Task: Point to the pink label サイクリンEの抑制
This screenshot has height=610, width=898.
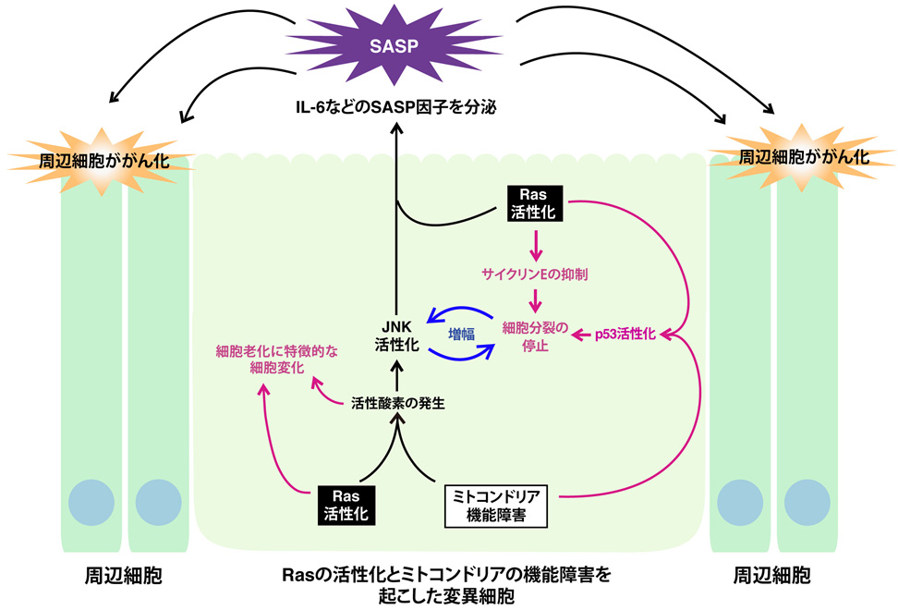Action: (x=535, y=274)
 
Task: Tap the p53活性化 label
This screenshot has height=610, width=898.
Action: (x=625, y=335)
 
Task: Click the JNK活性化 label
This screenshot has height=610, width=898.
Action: (x=396, y=335)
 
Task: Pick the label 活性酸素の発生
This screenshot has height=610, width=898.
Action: (x=398, y=403)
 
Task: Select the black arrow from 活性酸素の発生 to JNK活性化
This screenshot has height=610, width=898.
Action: (x=397, y=375)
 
